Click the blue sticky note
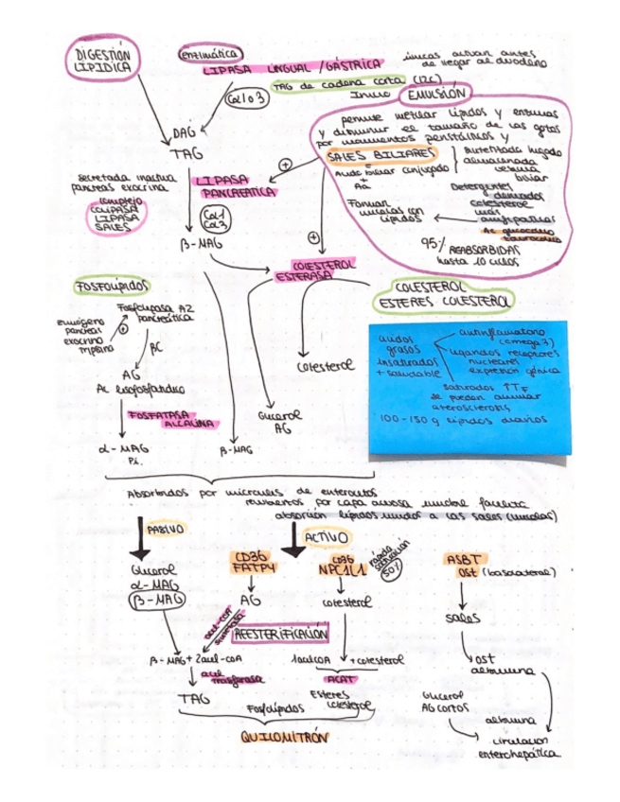(x=469, y=389)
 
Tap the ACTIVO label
(x=325, y=537)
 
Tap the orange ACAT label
(x=337, y=679)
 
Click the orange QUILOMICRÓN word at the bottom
(x=281, y=736)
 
